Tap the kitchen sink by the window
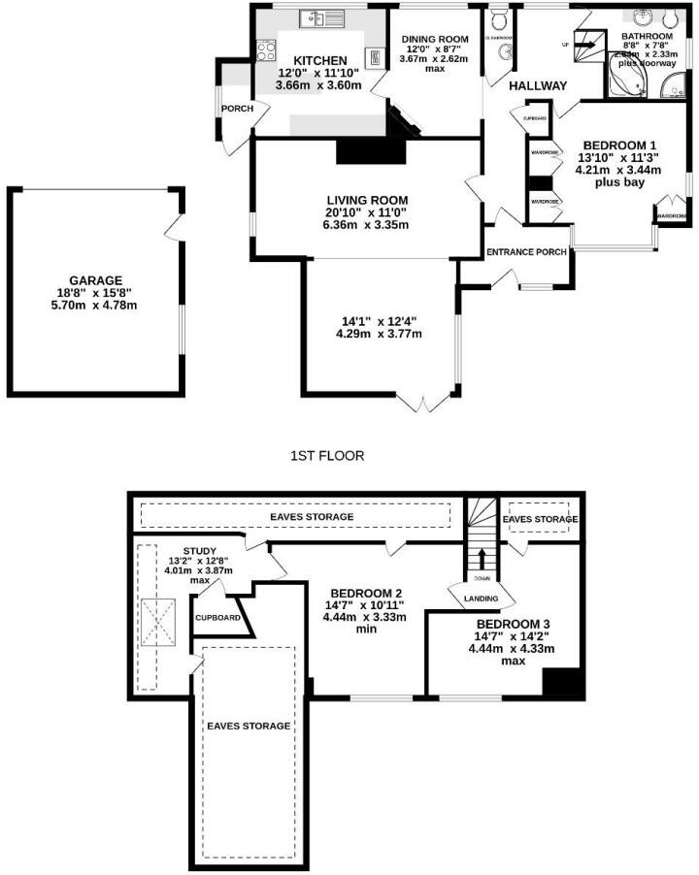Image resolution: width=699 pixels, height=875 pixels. click(316, 17)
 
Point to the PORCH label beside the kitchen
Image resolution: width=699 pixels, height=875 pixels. click(237, 109)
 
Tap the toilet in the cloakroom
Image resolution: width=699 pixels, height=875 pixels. click(500, 20)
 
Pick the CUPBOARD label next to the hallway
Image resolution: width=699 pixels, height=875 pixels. click(535, 118)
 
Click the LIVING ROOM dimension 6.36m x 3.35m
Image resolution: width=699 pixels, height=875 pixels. click(367, 225)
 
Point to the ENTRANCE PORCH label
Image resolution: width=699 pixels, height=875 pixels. click(526, 253)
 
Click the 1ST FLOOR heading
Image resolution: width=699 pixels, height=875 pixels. click(327, 455)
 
